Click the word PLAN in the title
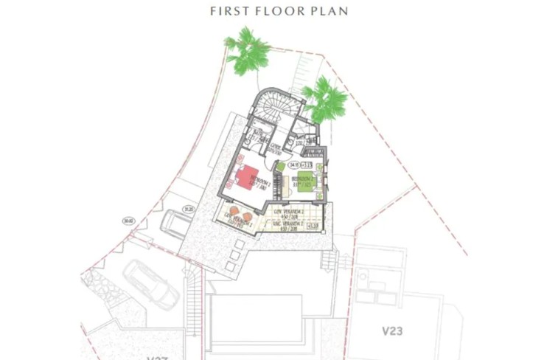329,11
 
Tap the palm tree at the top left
248,52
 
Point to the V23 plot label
393,330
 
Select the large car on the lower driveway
150,284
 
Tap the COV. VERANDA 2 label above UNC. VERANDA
287,214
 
